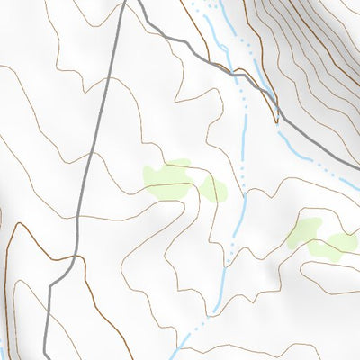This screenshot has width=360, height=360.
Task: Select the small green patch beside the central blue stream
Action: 214,189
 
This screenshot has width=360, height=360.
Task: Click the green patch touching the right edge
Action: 342,242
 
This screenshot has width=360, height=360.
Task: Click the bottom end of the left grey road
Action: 47,356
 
